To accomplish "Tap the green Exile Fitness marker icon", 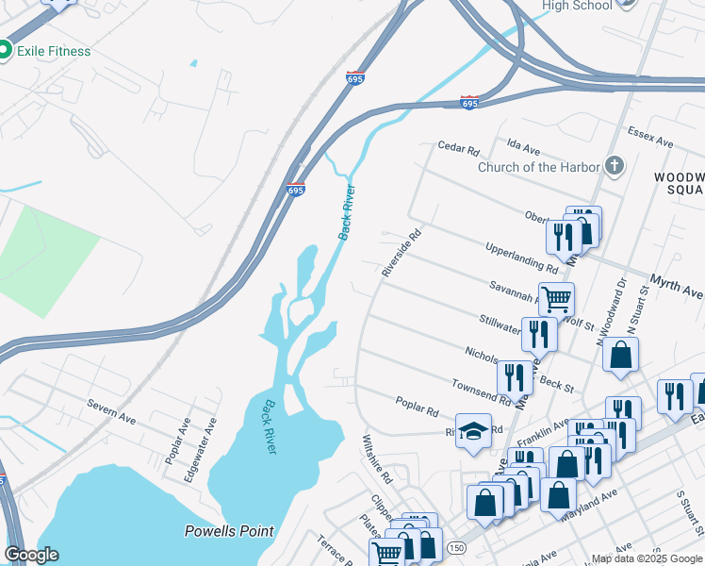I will click(4, 50).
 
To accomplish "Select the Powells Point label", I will click(229, 531).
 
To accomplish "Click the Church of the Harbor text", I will click(539, 167).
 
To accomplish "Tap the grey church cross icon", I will click(615, 167).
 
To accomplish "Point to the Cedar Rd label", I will click(459, 149).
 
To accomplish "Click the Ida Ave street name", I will click(523, 149).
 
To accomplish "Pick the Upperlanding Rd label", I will click(522, 257).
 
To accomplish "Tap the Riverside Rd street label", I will click(400, 252).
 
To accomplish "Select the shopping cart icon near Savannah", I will click(556, 299).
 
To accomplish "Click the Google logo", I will click(32, 555).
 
